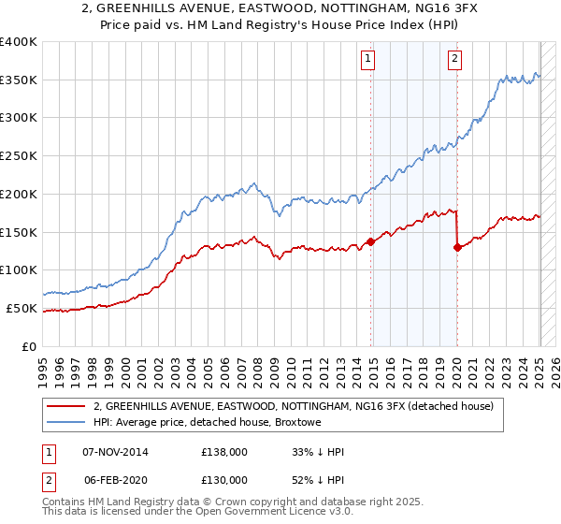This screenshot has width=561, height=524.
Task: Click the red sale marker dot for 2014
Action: tap(370, 241)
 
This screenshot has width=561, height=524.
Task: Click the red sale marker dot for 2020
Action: tap(457, 247)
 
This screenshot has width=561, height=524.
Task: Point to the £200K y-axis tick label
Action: tap(18, 194)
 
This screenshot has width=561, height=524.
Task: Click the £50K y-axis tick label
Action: tap(22, 308)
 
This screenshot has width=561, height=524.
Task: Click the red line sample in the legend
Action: tap(66, 406)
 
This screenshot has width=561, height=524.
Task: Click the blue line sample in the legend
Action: tap(66, 423)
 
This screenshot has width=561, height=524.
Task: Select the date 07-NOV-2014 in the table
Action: tap(116, 452)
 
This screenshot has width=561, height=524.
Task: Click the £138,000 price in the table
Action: tap(224, 452)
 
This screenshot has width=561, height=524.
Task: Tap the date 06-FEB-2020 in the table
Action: tap(115, 480)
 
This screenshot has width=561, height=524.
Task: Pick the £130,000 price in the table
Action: tap(224, 480)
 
